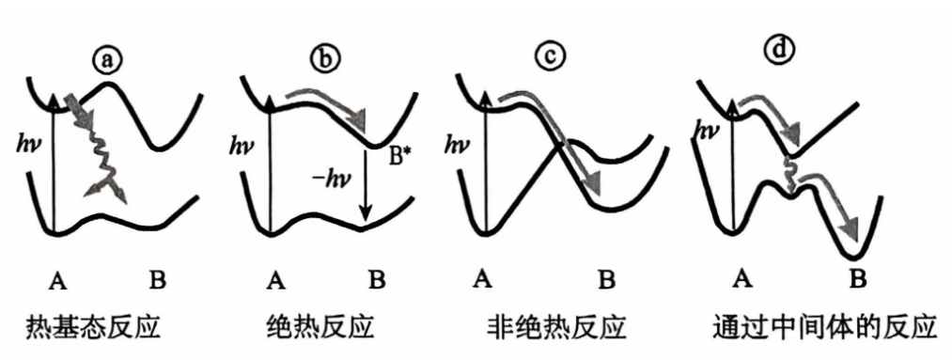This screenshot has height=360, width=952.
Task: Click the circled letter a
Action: [108, 59]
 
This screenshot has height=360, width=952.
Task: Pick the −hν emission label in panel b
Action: [329, 180]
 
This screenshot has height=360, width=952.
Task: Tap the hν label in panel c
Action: [459, 145]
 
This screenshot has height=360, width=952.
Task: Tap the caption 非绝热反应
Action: [556, 328]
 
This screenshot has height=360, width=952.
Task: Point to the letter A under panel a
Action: [57, 280]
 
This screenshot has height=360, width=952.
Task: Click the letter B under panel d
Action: [857, 279]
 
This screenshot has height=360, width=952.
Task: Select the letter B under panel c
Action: [606, 280]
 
